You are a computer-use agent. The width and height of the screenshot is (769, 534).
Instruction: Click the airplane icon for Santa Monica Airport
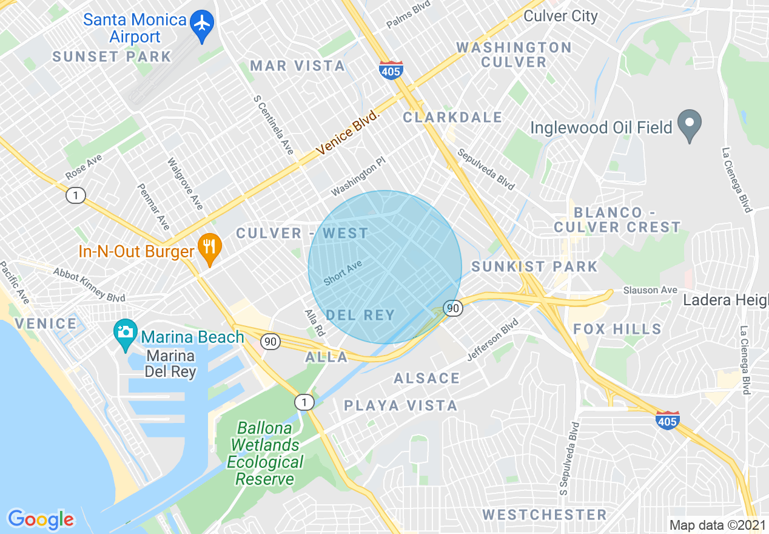coord(202,24)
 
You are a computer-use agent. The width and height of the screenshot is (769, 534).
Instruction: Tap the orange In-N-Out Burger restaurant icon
coord(209,248)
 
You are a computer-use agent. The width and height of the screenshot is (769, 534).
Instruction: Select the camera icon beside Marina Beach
coord(126,333)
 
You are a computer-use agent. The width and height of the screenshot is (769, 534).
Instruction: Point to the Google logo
coord(41,519)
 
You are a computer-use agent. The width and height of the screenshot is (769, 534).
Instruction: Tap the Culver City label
coord(560,16)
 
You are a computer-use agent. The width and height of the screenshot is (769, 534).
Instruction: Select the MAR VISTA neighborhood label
coord(298,66)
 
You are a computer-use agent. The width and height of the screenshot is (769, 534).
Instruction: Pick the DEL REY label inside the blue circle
coord(360,315)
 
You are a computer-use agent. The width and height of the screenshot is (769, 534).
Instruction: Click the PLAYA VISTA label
coord(400,405)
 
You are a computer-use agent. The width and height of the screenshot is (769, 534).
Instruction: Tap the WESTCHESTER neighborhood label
coord(544,515)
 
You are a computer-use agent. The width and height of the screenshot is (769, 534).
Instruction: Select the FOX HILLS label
coord(617,329)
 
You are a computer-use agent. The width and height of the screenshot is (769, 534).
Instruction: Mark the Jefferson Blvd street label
coord(493,341)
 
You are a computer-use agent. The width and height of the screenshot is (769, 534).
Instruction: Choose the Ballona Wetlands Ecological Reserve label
coord(266,453)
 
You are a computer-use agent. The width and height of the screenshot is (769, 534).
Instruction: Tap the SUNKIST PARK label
coord(534,266)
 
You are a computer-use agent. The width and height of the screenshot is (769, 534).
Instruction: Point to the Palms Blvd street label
coord(408,15)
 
